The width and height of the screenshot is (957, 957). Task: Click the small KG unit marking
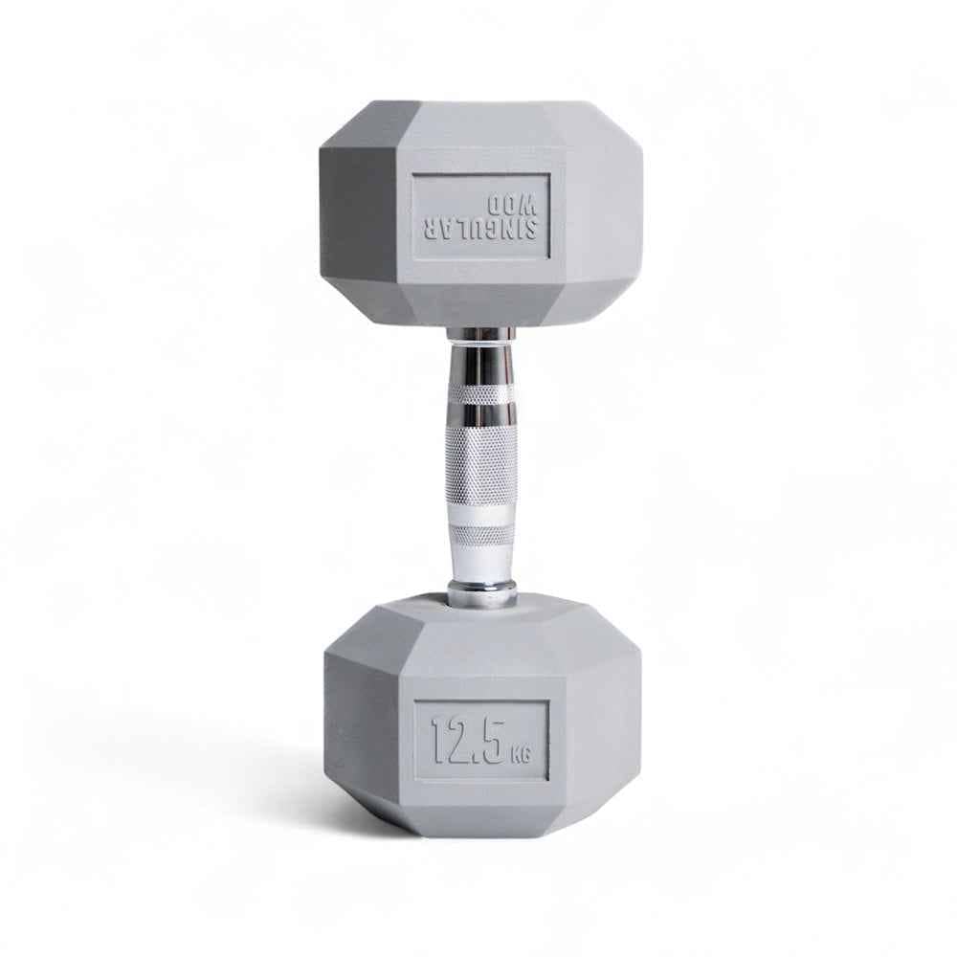click(x=521, y=756)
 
